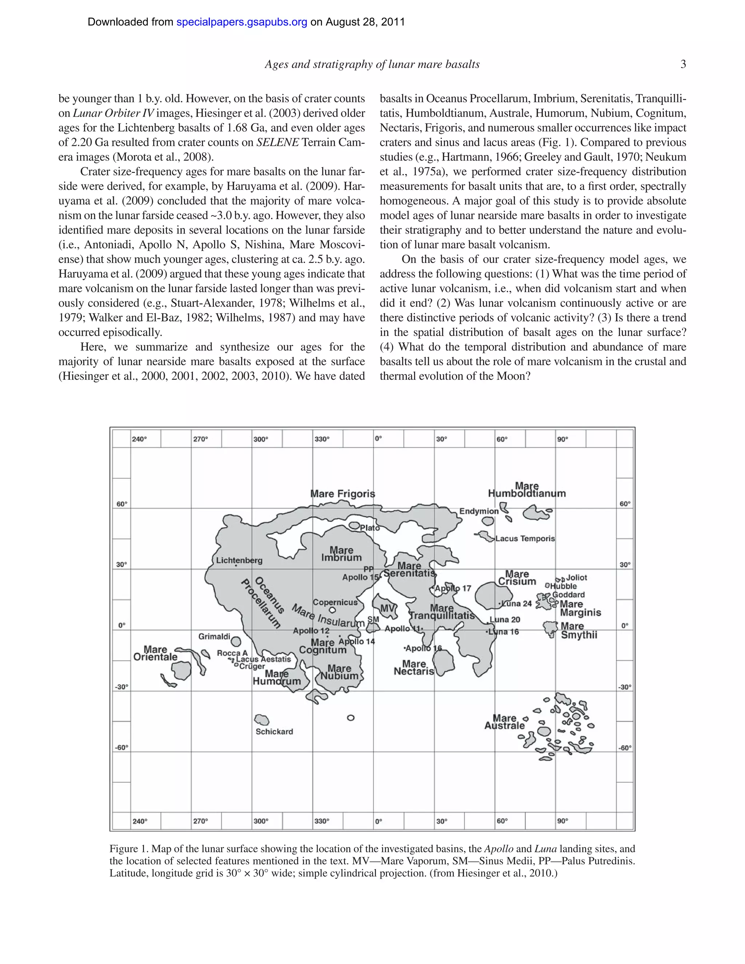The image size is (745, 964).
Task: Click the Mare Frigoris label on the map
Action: click(342, 494)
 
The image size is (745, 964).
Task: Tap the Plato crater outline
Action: click(354, 525)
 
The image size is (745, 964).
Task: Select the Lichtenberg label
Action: click(239, 560)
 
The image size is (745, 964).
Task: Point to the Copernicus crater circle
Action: click(333, 610)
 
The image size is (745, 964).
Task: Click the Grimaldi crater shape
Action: click(236, 641)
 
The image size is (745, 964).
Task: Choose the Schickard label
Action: click(274, 732)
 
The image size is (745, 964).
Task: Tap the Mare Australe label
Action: click(505, 722)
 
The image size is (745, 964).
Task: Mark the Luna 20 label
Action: click(505, 619)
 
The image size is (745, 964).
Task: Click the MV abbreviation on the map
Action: click(387, 609)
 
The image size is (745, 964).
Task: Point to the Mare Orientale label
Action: click(155, 653)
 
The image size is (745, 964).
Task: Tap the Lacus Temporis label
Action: click(525, 538)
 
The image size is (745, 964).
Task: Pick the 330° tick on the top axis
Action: click(322, 439)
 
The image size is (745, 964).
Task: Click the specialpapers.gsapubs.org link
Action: click(242, 22)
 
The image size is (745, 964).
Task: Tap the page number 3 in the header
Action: click(683, 64)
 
